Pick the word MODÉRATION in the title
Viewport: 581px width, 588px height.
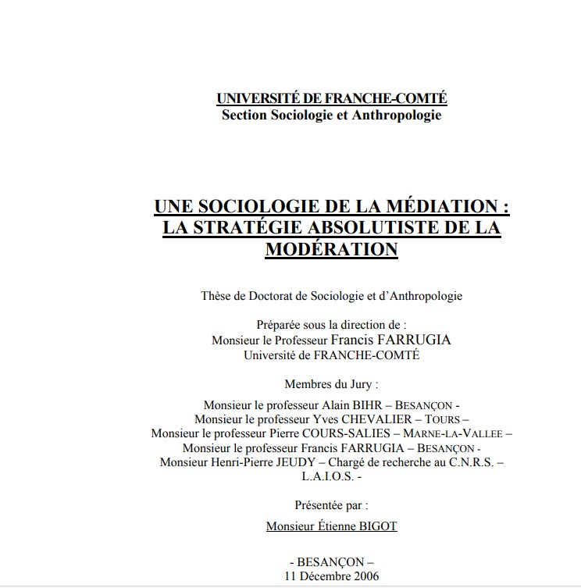[332, 250]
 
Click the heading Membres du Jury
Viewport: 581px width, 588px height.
[331, 384]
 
